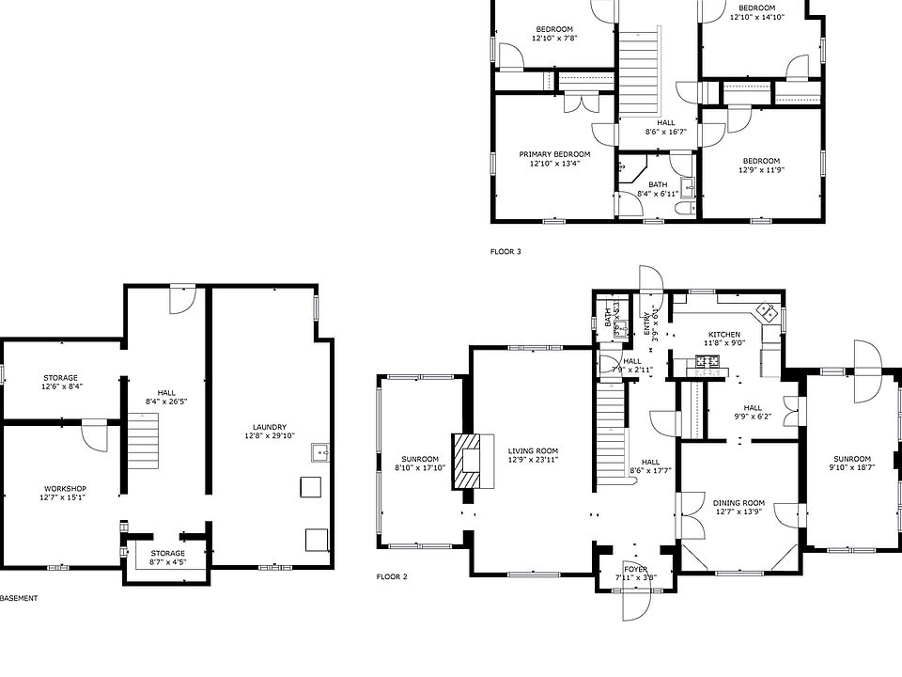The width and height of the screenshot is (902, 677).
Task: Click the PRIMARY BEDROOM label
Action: point(554,154)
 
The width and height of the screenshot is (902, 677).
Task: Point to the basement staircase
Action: point(145,446)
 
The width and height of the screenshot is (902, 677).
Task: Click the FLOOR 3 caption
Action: point(505,252)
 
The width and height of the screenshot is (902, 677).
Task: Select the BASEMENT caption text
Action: point(19,598)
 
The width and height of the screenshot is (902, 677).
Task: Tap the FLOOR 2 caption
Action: point(392,576)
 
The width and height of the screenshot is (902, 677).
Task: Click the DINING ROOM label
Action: point(739,503)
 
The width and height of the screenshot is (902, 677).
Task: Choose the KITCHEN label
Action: point(724,335)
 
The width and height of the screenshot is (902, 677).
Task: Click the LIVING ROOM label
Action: point(533,451)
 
